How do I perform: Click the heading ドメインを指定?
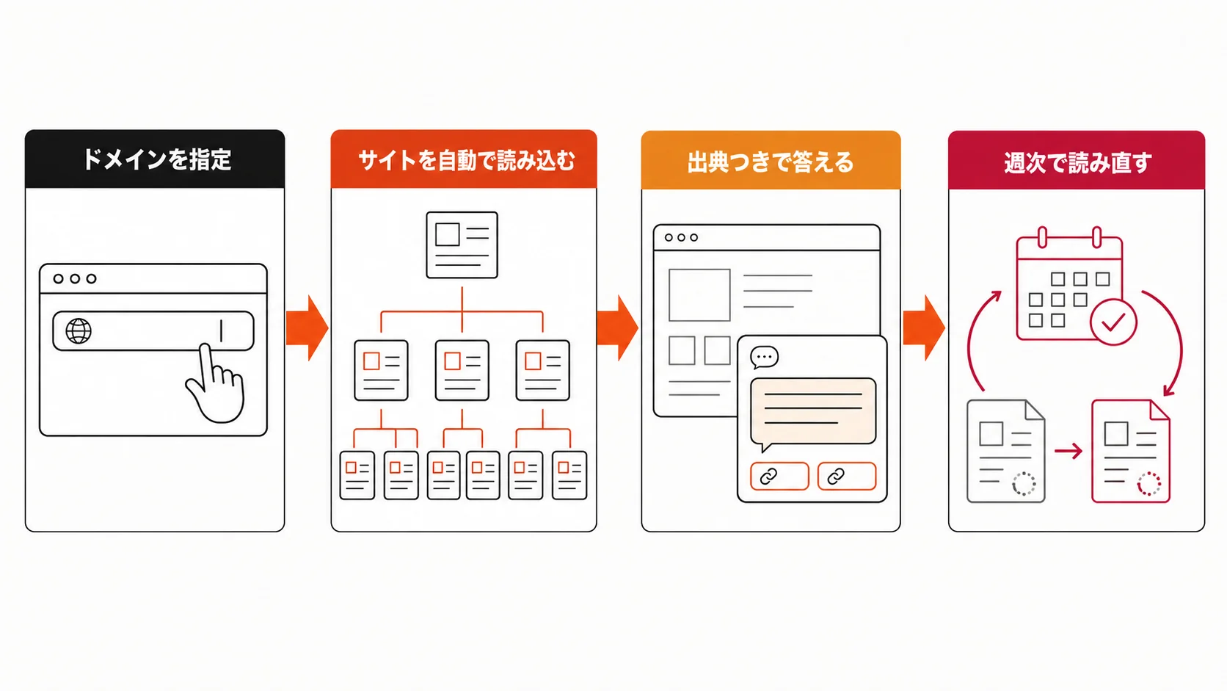coord(156,160)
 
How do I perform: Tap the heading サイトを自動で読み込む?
coord(466,161)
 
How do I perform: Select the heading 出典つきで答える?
coord(770,162)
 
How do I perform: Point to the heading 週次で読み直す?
coord(1077,163)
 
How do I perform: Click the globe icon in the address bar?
coord(79,331)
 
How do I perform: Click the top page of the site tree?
coord(462,245)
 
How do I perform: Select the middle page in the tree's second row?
coord(462,370)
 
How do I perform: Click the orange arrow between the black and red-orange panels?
coord(307,328)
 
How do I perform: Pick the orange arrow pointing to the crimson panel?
coord(924,328)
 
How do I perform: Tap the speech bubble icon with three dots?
coord(764,358)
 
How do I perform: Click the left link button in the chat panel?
coord(779,476)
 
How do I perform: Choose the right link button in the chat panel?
coord(847,476)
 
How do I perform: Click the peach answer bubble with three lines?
coord(813,412)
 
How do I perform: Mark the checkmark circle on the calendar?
coord(1113,322)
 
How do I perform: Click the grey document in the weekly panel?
coord(1005,451)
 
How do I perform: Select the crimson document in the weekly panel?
coord(1131,451)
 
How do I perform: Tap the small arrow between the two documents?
coord(1068,451)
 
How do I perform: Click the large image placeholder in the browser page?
coord(699,294)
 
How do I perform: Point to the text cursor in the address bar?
coord(222,331)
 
